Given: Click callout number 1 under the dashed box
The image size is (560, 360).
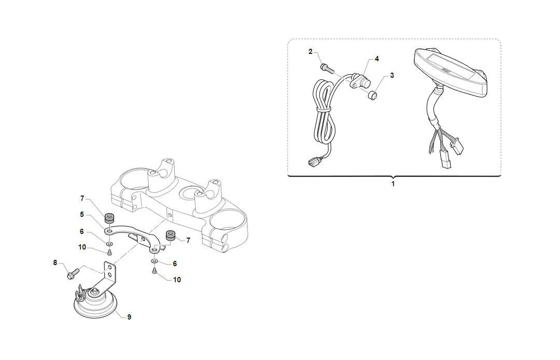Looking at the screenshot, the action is point(393,184).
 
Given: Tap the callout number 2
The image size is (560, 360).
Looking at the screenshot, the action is point(311,52).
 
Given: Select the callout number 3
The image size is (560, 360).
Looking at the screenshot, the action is point(392,75).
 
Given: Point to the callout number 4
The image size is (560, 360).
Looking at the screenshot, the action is point(377,59).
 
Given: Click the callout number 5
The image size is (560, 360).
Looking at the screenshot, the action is point(82,215).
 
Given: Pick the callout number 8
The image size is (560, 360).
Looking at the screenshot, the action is point(55,263).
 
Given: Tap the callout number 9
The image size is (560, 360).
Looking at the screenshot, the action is point(129,317).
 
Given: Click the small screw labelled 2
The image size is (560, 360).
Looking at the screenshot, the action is point(327,68).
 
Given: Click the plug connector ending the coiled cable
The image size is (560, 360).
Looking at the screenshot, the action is point(313,163).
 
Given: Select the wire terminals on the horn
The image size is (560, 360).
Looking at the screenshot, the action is point(80,292).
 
